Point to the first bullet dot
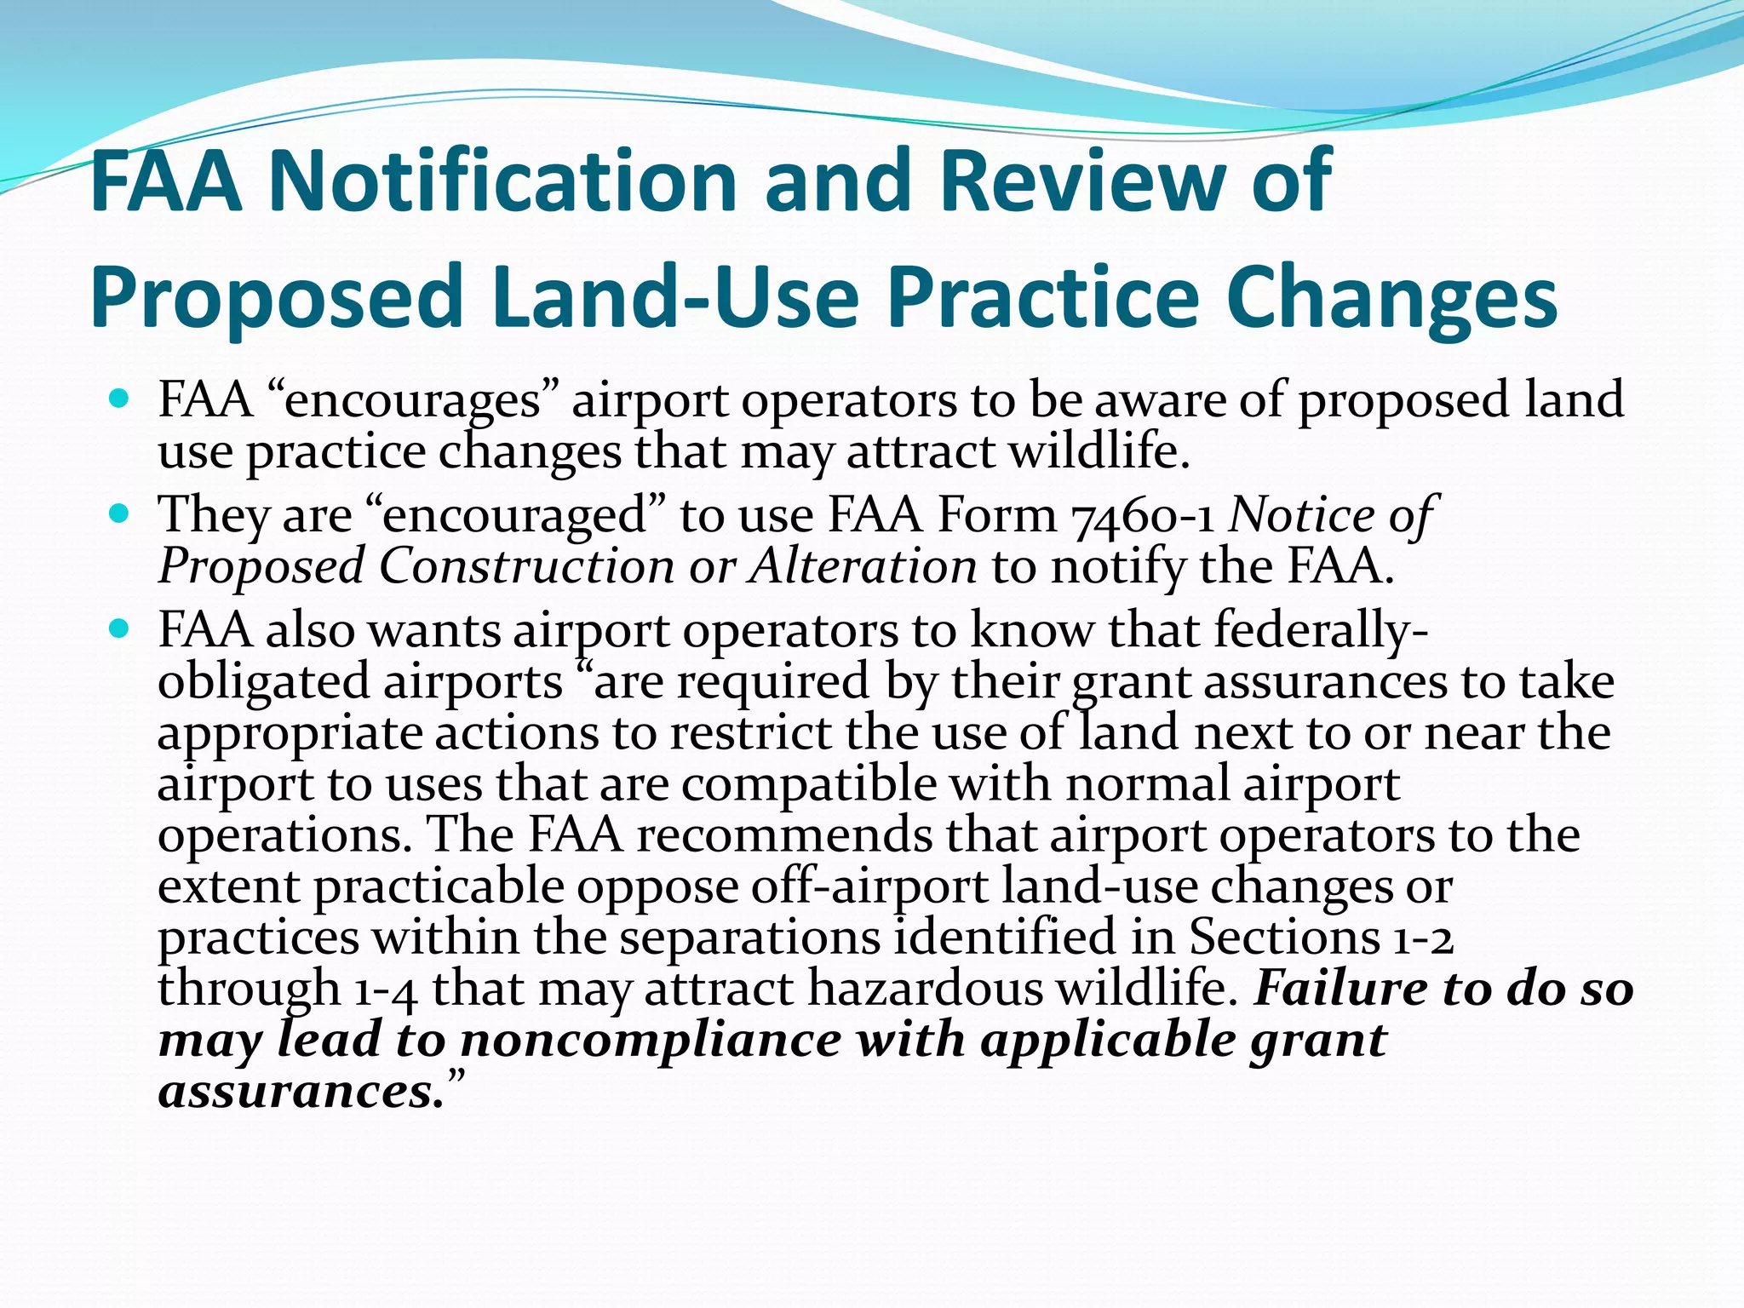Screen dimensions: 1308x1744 (119, 398)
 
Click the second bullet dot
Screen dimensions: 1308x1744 (119, 513)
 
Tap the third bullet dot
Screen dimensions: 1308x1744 (119, 628)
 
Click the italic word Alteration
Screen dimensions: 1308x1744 (863, 567)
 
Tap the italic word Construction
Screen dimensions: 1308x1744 (526, 567)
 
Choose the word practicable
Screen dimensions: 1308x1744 (439, 887)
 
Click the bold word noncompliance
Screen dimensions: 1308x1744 (651, 1041)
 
